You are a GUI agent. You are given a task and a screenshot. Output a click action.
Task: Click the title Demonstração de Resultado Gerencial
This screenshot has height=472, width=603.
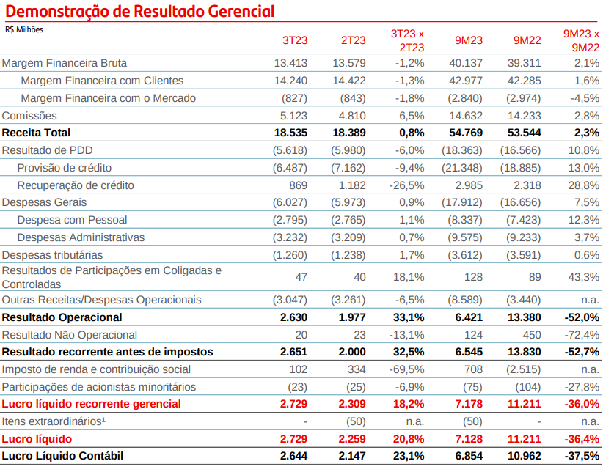click(140, 11)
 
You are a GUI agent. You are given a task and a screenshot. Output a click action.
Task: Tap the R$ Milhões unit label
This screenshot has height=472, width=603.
click(24, 29)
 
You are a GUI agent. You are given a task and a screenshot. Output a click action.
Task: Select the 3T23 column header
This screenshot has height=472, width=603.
click(295, 40)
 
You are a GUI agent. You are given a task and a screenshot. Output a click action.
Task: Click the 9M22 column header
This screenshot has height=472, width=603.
click(527, 40)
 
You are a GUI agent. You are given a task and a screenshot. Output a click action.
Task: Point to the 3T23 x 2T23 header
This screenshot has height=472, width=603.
click(408, 40)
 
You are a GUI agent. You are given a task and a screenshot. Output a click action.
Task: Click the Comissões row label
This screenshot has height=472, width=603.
click(29, 116)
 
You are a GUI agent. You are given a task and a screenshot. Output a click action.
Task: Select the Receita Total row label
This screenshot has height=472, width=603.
click(36, 133)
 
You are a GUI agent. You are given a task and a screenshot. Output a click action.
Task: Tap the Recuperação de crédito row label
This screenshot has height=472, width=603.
click(76, 185)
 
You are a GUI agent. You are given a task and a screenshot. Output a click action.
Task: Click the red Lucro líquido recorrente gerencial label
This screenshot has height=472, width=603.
click(91, 404)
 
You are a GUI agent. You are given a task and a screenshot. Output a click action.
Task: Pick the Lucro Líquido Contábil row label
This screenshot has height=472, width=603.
click(62, 456)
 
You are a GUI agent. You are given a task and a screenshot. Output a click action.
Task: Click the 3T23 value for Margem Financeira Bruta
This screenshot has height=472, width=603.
click(290, 63)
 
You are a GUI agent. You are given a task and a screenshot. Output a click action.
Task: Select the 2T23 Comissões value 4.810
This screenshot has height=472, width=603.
click(349, 116)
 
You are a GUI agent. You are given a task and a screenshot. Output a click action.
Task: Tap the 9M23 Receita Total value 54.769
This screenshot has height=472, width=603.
click(466, 133)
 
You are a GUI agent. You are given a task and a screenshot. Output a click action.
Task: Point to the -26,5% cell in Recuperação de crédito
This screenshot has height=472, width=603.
click(407, 185)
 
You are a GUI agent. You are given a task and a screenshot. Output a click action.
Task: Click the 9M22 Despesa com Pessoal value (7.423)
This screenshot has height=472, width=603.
click(521, 220)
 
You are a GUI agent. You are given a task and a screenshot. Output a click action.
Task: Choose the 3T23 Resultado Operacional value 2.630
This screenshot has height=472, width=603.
click(294, 317)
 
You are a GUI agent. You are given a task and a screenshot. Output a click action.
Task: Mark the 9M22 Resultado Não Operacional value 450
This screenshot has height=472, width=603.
click(532, 335)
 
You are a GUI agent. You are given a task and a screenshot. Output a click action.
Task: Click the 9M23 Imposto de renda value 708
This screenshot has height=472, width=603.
click(473, 369)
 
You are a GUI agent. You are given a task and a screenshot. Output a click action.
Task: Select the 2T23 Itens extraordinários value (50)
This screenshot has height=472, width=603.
click(356, 421)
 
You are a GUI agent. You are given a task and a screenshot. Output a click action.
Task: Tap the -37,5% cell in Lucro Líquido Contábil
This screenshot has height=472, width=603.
click(582, 456)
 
